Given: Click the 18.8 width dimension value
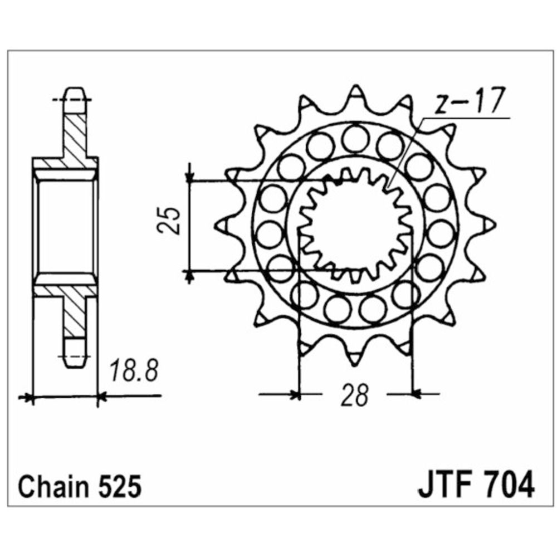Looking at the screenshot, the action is coord(134,370).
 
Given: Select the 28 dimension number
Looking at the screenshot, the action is coord(354,395).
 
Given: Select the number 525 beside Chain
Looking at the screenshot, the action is coord(119,487).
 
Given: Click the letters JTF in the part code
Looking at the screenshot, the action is coord(446,485).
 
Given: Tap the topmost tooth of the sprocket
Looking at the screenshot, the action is coord(355,93).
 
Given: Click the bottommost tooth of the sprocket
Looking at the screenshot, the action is coord(354,357).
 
